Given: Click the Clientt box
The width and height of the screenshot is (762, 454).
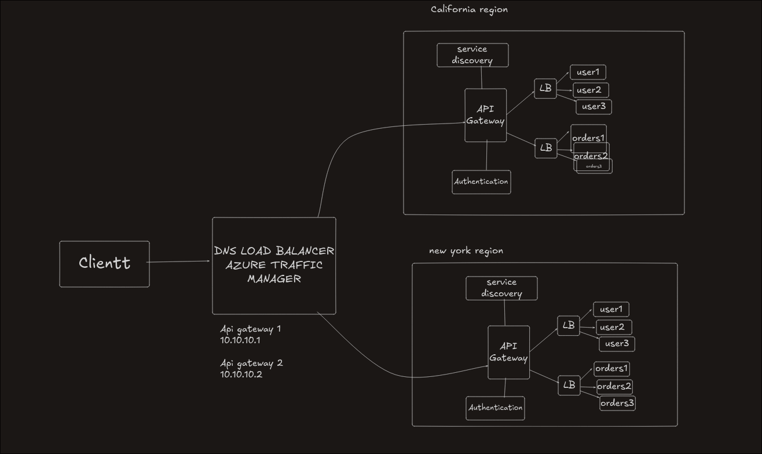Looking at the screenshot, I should pos(104,264).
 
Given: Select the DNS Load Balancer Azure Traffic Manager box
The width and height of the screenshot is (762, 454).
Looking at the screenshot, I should pos(274,266).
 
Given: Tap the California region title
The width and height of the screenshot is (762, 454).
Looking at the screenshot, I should pos(469,9).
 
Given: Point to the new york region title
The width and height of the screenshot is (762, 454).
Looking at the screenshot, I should pos(466,251).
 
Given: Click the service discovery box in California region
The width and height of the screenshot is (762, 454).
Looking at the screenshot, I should pos(472,55).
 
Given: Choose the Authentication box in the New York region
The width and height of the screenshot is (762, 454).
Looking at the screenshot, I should pos(495,408).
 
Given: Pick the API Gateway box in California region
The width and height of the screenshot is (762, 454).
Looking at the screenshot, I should pos(485,115).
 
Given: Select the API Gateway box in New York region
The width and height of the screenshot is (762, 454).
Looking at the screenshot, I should pos(508,352).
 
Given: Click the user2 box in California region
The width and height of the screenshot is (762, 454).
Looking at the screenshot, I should pos(590,90).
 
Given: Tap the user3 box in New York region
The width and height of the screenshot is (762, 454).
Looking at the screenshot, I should pos(617,344).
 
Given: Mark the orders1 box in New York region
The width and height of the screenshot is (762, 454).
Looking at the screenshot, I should pos(611,369).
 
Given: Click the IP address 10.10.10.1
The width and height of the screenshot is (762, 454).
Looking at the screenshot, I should pos(240,340).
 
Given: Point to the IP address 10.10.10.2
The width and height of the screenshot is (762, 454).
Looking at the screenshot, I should pos(241,375).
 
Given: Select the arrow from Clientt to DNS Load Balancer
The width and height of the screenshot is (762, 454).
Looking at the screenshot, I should pos(179,262).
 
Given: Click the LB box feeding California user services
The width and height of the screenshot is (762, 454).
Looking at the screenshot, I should pos(545,89).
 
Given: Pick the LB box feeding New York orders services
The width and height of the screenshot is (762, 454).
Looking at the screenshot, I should pos(569,385).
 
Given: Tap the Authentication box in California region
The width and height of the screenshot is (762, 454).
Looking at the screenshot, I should pos(481,182).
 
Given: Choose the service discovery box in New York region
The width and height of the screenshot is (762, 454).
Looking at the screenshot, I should pos(501,288).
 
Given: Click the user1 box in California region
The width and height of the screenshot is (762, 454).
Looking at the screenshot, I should pos(588,72).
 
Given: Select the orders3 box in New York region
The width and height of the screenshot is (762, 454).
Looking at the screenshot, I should pos(617,403).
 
